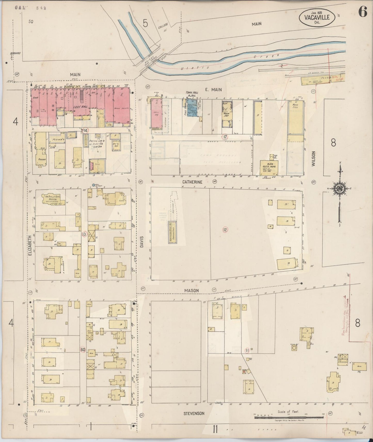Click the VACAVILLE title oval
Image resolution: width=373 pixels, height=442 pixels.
click(317, 18)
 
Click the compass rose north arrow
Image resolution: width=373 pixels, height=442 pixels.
click(338, 190)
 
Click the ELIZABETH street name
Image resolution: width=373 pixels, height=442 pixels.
click(30, 245)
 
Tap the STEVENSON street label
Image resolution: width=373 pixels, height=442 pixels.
click(194, 413)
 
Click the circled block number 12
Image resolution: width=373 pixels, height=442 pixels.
click(225, 230)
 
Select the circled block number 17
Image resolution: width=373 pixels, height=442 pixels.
click(225, 137)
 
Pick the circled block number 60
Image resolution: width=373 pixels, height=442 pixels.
click(83, 349)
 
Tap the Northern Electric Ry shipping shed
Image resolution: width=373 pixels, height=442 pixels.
click(172, 232)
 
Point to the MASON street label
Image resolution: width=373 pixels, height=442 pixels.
click(191, 290)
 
